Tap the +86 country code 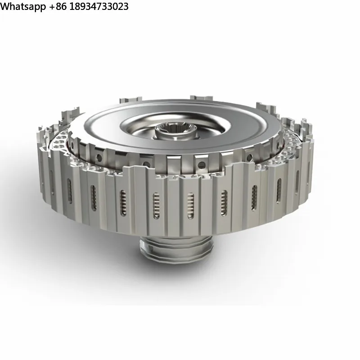58,7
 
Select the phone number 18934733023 99,7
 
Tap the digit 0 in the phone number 115,7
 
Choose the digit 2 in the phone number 120,7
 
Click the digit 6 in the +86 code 63,7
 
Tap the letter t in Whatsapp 22,7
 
